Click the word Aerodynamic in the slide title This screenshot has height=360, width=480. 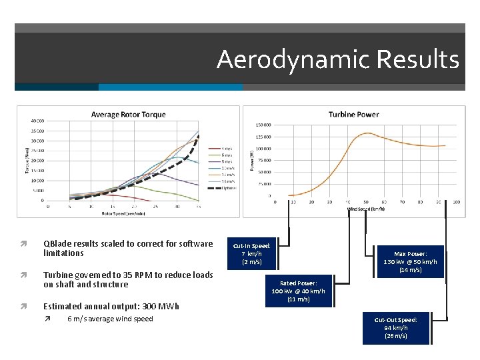293,59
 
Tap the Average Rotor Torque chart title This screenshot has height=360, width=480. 128,115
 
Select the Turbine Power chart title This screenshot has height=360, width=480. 353,115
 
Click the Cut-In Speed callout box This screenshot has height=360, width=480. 251,253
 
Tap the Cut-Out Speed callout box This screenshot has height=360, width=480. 396,328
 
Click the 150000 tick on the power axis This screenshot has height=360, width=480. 263,125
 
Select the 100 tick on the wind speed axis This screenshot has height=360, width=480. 456,202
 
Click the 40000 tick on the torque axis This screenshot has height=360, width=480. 37,121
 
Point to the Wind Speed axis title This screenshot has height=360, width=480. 365,209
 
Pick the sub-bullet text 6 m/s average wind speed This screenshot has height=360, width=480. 110,319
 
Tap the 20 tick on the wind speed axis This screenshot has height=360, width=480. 311,202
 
